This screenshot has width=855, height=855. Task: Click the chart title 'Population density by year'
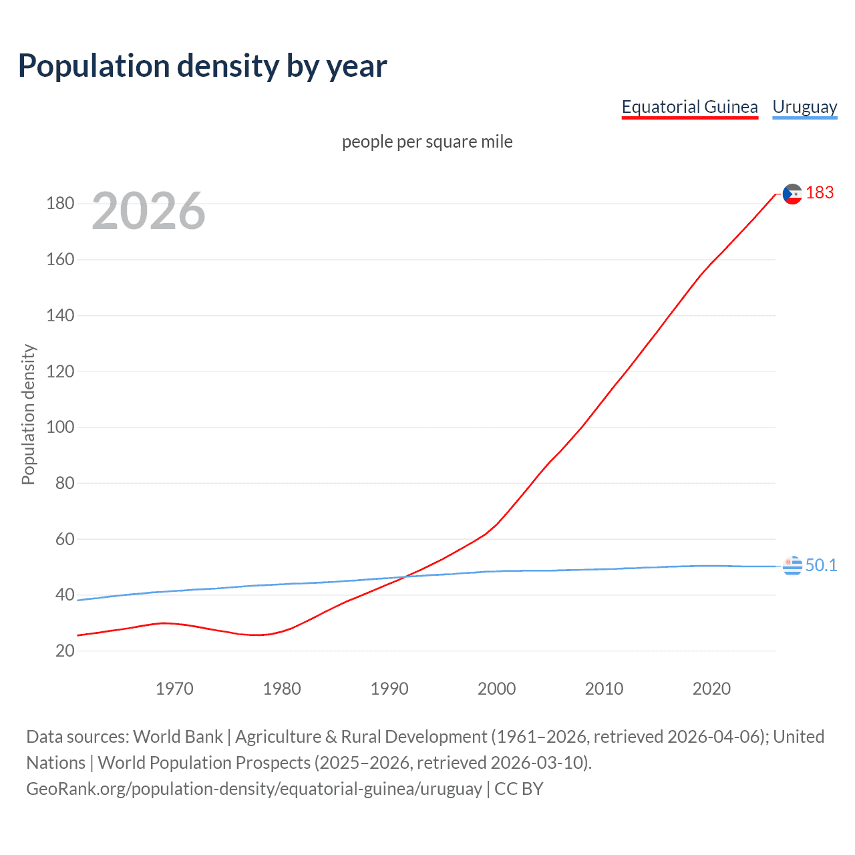(x=202, y=66)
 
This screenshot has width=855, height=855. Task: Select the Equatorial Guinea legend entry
(x=689, y=107)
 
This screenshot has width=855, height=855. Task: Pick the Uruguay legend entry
(x=804, y=107)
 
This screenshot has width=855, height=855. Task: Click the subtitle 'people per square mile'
(x=427, y=142)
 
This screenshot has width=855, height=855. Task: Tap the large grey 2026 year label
(x=148, y=211)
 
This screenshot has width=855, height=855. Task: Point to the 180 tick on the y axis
(x=60, y=203)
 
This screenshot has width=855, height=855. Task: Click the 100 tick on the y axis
(x=60, y=427)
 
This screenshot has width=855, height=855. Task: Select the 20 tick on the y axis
(x=65, y=651)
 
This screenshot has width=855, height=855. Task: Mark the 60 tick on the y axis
(x=65, y=539)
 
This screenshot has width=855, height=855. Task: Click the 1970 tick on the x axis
(x=174, y=689)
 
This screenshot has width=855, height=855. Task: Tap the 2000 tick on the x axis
(x=496, y=689)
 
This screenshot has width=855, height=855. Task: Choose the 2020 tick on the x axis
(x=711, y=689)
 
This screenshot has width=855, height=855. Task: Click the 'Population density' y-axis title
(x=28, y=414)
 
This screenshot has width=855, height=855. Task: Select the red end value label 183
(x=820, y=193)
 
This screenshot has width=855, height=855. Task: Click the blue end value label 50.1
(x=821, y=565)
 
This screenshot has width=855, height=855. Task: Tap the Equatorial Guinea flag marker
(x=792, y=194)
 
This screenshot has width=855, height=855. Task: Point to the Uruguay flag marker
(x=792, y=565)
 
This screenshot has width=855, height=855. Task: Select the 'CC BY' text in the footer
(x=519, y=789)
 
